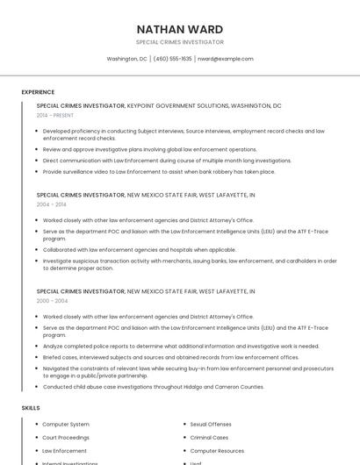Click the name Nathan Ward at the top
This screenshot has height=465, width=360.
click(x=180, y=29)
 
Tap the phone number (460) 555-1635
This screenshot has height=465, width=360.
click(x=172, y=59)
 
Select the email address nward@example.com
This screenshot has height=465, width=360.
click(x=226, y=59)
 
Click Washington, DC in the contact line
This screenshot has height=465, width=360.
click(x=126, y=59)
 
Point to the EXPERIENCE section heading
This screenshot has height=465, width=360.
click(x=38, y=92)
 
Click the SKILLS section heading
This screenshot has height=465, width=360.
click(x=31, y=408)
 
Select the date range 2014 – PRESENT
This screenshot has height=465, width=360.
click(x=55, y=115)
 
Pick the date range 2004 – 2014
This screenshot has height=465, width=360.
click(x=51, y=204)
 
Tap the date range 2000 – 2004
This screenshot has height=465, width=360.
click(x=52, y=300)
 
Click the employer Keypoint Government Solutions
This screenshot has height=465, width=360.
click(x=178, y=105)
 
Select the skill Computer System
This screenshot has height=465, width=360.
click(x=66, y=424)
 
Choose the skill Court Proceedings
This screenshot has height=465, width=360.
click(x=66, y=437)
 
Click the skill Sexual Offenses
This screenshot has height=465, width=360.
click(x=211, y=424)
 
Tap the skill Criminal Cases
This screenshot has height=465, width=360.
click(x=209, y=437)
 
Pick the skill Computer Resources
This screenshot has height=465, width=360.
click(x=217, y=450)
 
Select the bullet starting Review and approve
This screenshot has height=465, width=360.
click(x=137, y=149)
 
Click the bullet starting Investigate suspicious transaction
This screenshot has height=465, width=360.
click(x=190, y=261)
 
